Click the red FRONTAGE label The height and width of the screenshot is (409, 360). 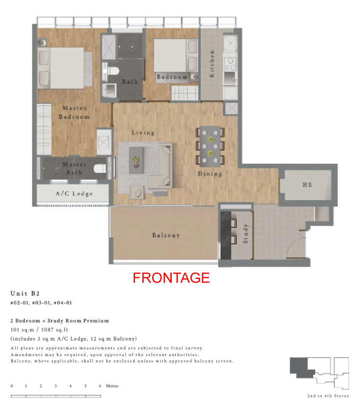pyautogui.click(x=171, y=278)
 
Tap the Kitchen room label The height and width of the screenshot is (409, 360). pyautogui.click(x=212, y=64)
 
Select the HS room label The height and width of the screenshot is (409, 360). pyautogui.click(x=307, y=184)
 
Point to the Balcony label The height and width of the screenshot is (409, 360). pyautogui.click(x=166, y=235)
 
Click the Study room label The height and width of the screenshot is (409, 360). pyautogui.click(x=246, y=234)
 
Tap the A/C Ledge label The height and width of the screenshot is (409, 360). pyautogui.click(x=74, y=194)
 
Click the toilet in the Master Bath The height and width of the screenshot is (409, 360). pyautogui.click(x=100, y=168)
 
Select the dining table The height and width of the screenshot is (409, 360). pyautogui.click(x=210, y=146)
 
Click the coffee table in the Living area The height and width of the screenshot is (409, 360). pyautogui.click(x=136, y=160)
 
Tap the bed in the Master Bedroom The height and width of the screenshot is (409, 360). pyautogui.click(x=61, y=68)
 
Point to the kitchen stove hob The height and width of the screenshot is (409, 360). pyautogui.click(x=230, y=64)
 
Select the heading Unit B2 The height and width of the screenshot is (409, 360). pyautogui.click(x=25, y=294)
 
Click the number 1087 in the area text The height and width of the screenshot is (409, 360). pyautogui.click(x=47, y=330)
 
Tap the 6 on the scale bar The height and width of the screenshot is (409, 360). pyautogui.click(x=100, y=386)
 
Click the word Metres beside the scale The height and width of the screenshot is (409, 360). pyautogui.click(x=112, y=386)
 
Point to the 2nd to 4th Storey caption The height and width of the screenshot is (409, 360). pyautogui.click(x=328, y=396)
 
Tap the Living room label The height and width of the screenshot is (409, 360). pyautogui.click(x=143, y=133)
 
